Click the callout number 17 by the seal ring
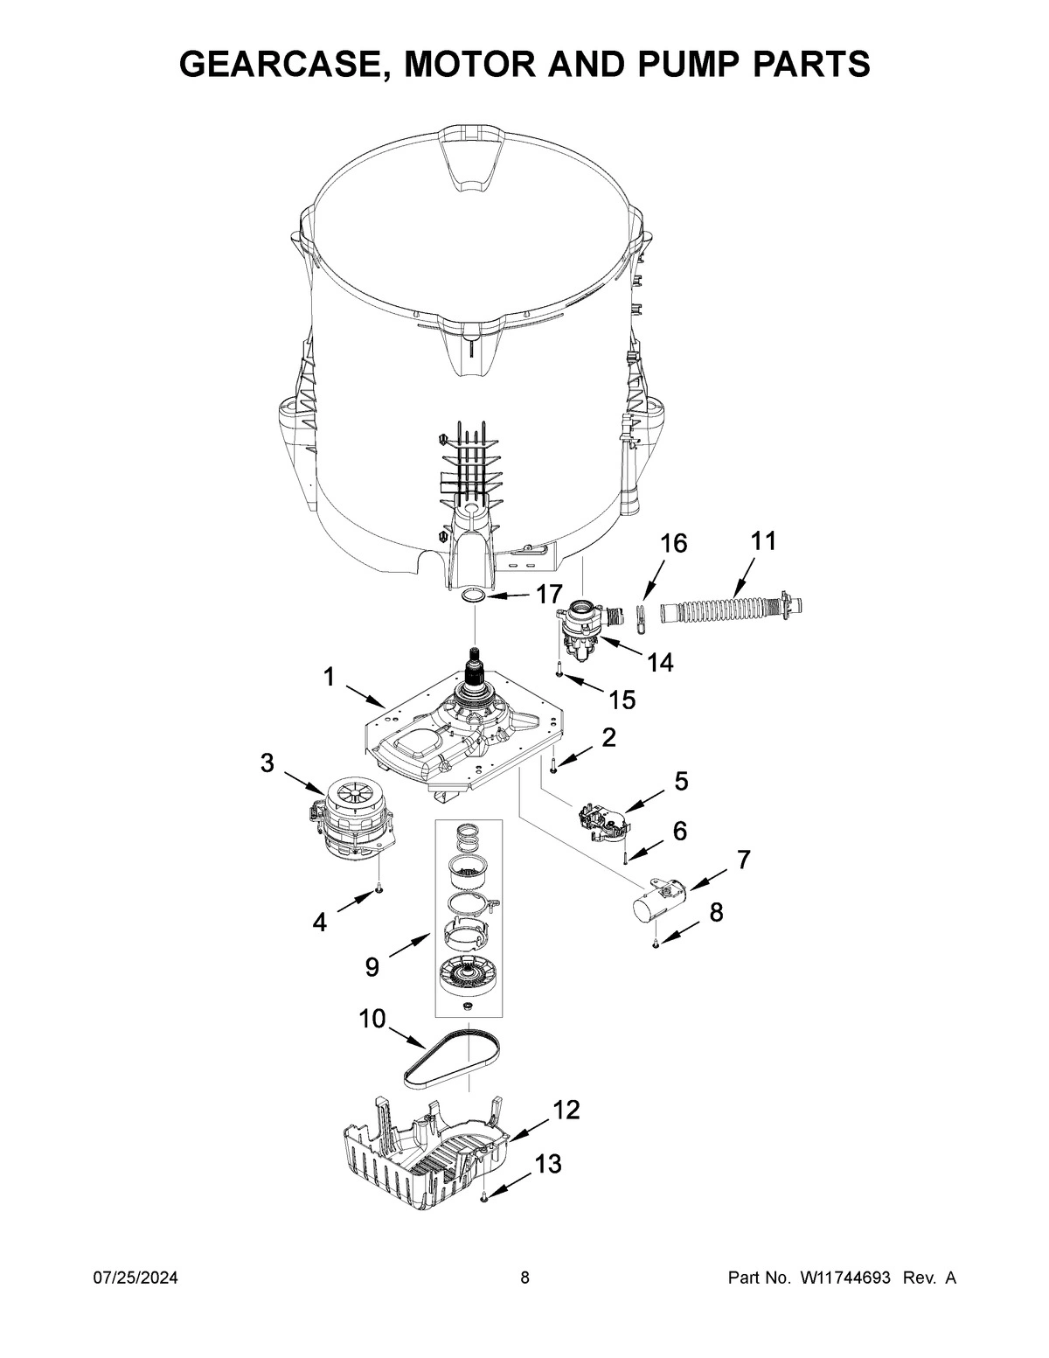(x=549, y=595)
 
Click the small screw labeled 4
(x=379, y=889)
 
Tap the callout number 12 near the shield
(x=566, y=1110)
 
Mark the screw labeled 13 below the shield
(x=483, y=1199)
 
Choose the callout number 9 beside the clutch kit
(x=372, y=966)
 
